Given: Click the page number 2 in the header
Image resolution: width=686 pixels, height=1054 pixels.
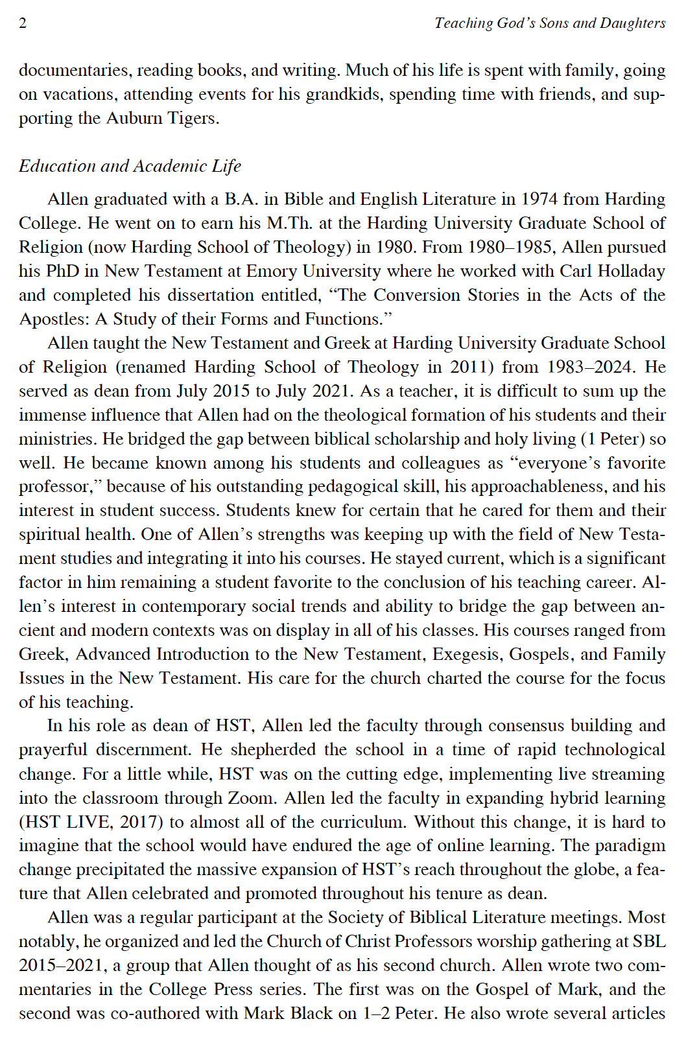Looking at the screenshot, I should (x=23, y=23).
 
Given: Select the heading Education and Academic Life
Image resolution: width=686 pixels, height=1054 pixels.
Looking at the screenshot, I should (x=130, y=166).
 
